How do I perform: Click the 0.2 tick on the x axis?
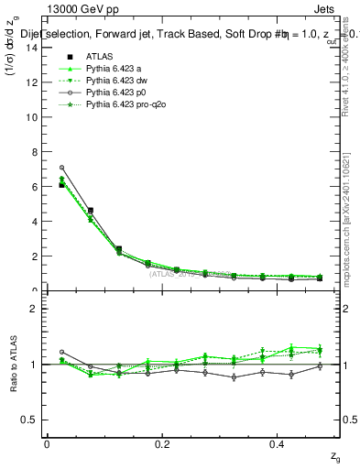[x=162, y=444]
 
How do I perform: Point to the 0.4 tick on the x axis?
[x=278, y=444]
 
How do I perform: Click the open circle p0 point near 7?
[x=61, y=168]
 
